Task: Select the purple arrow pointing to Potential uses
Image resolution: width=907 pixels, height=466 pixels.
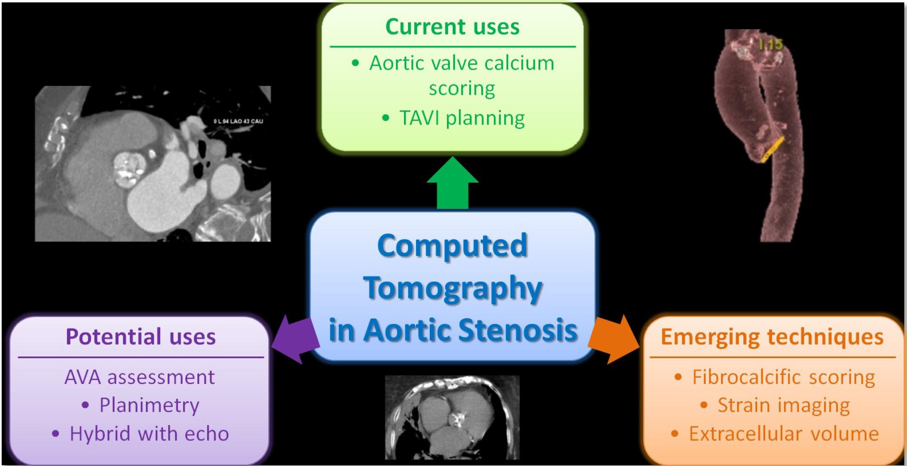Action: (x=295, y=339)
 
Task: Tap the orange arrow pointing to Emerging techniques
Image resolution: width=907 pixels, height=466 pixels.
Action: (x=614, y=339)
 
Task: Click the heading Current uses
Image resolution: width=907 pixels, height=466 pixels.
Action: (x=452, y=27)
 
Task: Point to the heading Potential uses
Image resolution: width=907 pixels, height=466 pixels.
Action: (x=141, y=337)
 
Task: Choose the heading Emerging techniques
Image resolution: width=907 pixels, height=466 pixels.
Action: (x=772, y=337)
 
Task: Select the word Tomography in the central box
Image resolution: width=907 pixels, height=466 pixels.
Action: (x=453, y=288)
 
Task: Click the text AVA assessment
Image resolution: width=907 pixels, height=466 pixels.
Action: (x=140, y=377)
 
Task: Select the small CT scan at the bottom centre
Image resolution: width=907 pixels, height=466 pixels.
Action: (x=452, y=417)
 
